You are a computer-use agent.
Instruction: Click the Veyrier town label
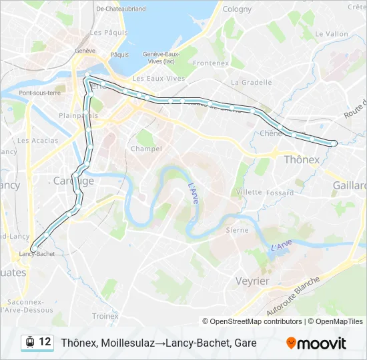click(x=252, y=281)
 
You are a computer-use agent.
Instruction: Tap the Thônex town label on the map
click(x=302, y=160)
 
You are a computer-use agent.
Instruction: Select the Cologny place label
click(x=237, y=9)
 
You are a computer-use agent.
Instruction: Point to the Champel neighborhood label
click(x=146, y=149)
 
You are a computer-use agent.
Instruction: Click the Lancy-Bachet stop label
click(x=37, y=254)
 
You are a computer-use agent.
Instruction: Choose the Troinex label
click(x=105, y=316)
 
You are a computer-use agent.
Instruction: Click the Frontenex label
click(x=211, y=63)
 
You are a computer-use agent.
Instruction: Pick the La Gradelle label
click(x=251, y=83)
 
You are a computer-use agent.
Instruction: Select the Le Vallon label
click(x=332, y=34)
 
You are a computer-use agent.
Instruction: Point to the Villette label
click(x=249, y=192)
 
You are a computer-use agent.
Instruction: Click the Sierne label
click(x=237, y=230)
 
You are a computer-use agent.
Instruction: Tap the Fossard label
click(x=280, y=193)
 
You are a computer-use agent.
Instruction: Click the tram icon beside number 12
click(x=30, y=343)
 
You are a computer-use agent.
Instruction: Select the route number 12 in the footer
click(x=45, y=342)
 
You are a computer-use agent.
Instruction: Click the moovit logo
click(x=316, y=343)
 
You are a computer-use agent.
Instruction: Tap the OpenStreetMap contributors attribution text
click(x=252, y=321)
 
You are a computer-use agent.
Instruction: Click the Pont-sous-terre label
click(x=40, y=93)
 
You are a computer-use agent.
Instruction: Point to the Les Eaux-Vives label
click(x=158, y=79)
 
